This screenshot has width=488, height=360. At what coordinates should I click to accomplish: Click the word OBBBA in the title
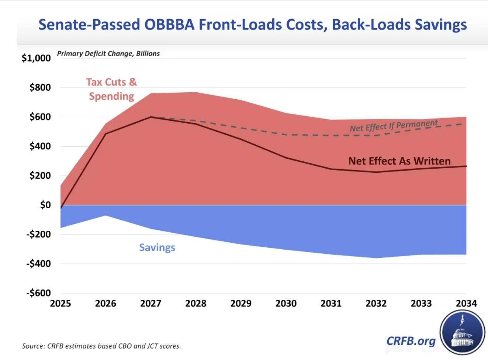(169, 25)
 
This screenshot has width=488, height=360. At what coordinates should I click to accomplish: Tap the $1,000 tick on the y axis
(36, 58)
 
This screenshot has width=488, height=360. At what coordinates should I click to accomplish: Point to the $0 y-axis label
(45, 205)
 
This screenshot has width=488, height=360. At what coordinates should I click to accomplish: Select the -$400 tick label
(38, 264)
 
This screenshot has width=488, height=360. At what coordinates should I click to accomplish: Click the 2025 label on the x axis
(60, 304)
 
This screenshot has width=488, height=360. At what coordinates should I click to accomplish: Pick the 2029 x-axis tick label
(241, 304)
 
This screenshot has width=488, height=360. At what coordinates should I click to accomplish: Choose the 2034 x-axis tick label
(466, 304)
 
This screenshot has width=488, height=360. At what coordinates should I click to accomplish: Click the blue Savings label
(157, 247)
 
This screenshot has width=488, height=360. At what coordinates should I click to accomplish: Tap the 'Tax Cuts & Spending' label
(111, 89)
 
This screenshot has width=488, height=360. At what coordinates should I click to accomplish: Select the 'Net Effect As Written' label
(399, 161)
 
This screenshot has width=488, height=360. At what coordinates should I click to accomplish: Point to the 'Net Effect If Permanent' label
(394, 126)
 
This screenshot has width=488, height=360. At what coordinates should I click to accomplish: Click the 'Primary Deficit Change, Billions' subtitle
(108, 54)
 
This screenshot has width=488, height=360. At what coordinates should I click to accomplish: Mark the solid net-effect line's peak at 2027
(151, 117)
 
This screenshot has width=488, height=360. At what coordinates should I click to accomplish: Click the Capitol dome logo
(462, 333)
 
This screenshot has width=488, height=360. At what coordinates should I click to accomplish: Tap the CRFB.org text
(411, 341)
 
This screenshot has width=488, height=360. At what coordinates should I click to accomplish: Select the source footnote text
(101, 346)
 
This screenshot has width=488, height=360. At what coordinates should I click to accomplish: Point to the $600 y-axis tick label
(40, 117)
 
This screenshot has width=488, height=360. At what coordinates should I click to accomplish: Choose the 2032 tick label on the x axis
(376, 304)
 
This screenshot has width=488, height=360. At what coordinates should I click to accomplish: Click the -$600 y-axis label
(38, 293)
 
